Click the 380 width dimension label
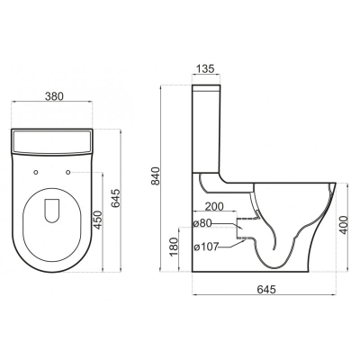pyautogui.click(x=54, y=96)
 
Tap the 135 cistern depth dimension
pyautogui.click(x=205, y=68)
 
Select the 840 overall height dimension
pyautogui.click(x=157, y=175)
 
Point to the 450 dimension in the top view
pyautogui.click(x=98, y=220)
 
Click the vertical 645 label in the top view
pyautogui.click(x=115, y=198)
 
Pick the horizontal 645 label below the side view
pyautogui.click(x=266, y=289)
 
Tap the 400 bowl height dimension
pyautogui.click(x=345, y=225)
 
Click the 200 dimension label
pyautogui.click(x=214, y=206)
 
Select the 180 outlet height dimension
pyautogui.click(x=174, y=247)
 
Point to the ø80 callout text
pyautogui.click(x=202, y=223)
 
